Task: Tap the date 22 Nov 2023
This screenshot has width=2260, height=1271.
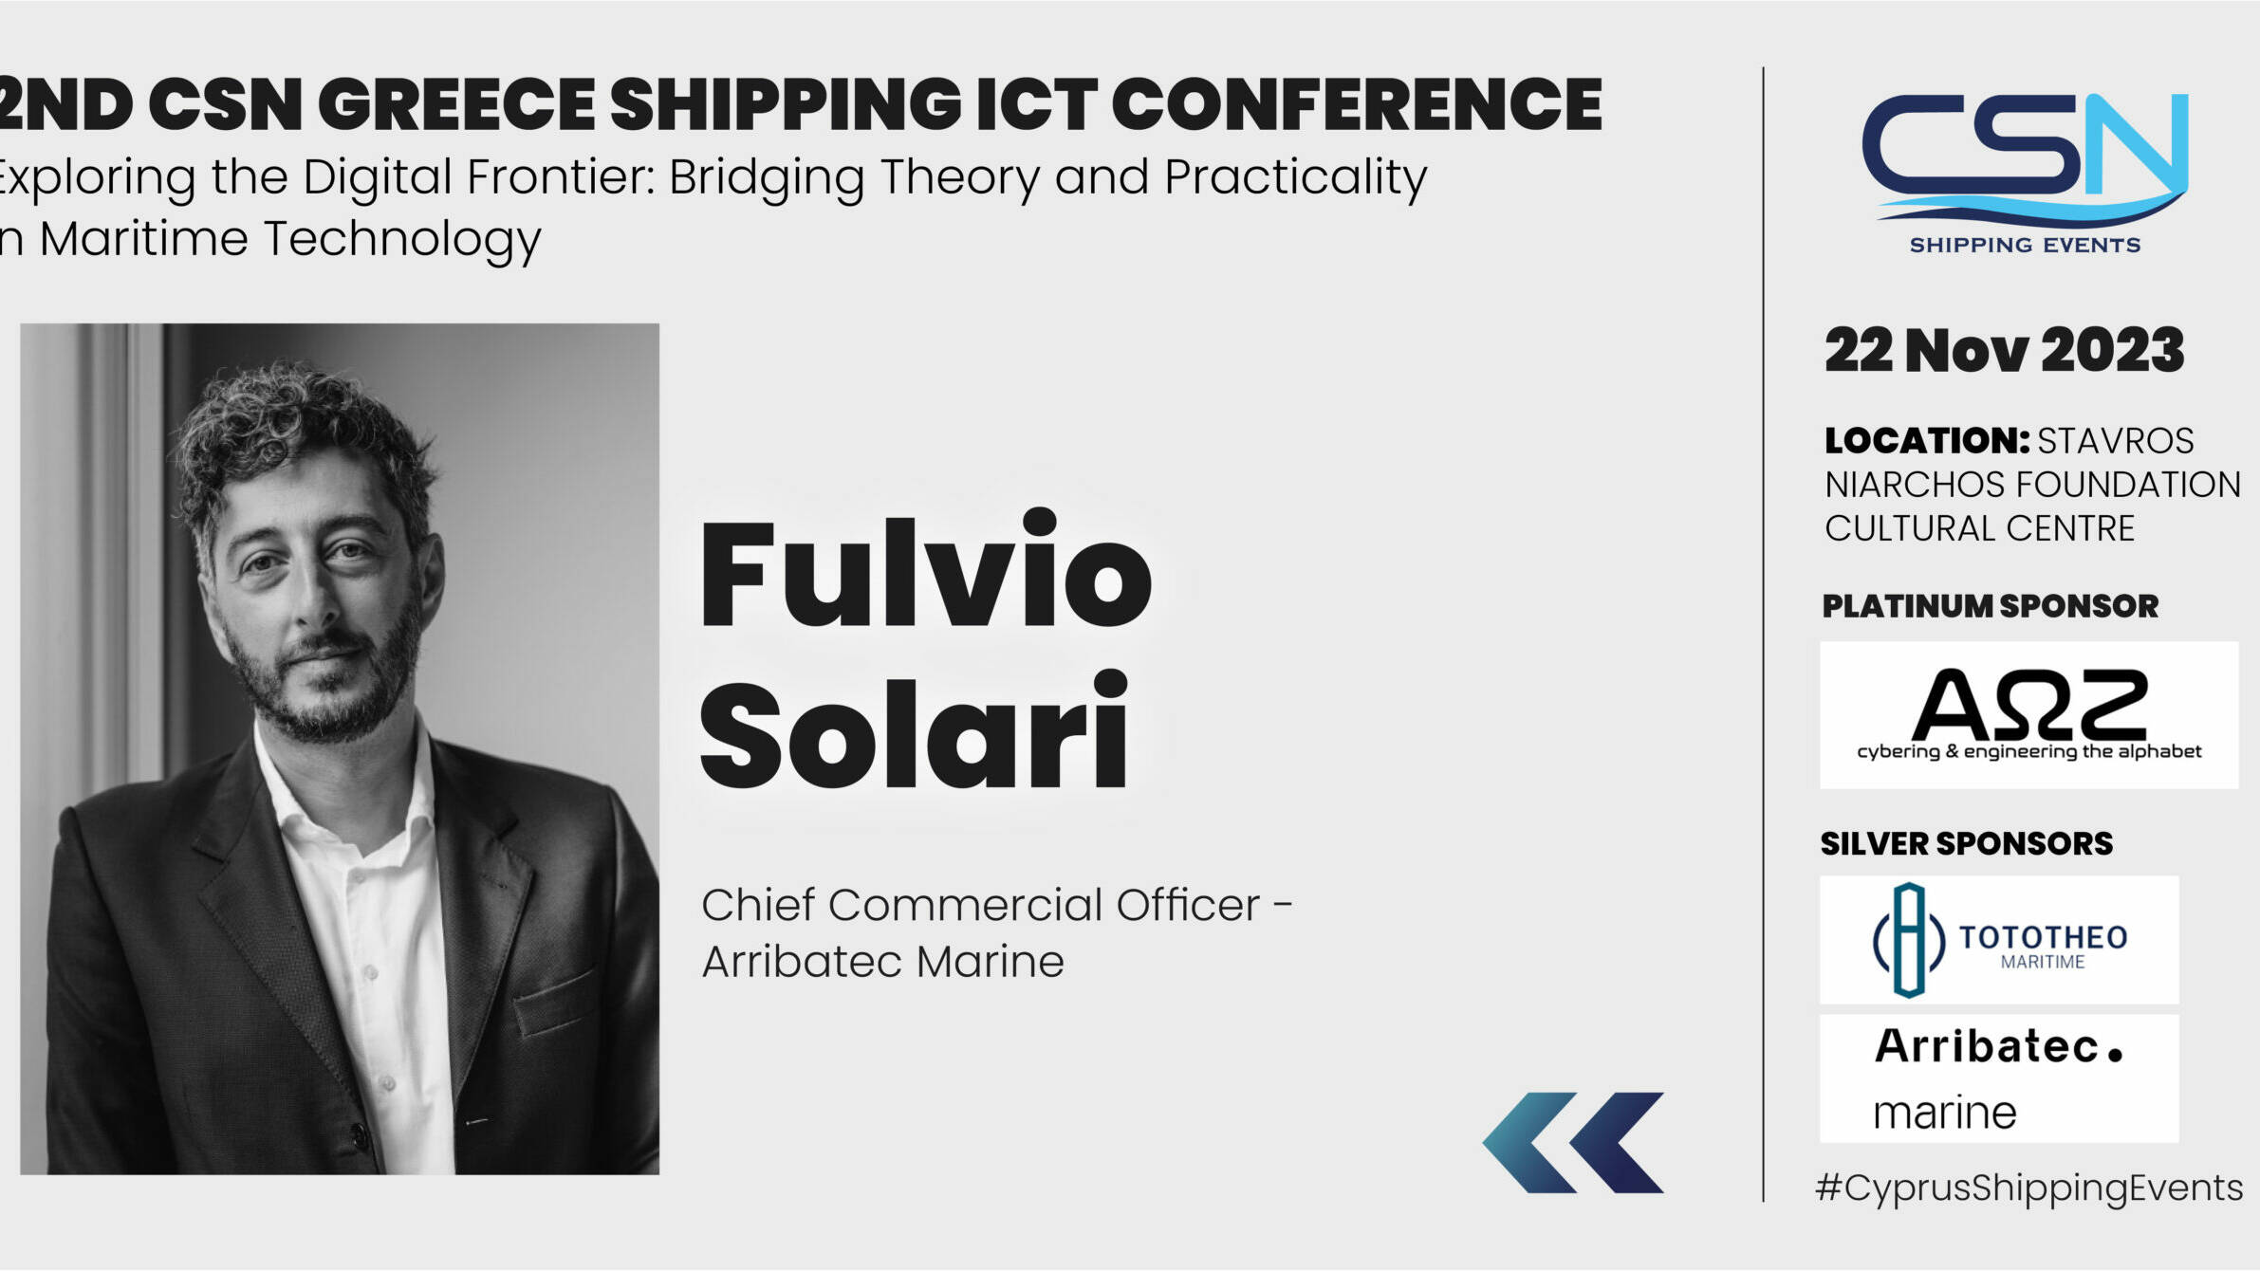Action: pyautogui.click(x=2004, y=350)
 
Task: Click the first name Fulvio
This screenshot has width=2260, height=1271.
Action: pyautogui.click(x=925, y=569)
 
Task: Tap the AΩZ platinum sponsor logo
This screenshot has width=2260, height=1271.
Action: pyautogui.click(x=2028, y=715)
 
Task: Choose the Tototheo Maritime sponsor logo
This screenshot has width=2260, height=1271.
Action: pyautogui.click(x=1999, y=939)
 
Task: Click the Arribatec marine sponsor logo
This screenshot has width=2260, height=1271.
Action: pyautogui.click(x=1999, y=1078)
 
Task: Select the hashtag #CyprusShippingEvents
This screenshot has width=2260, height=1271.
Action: pyautogui.click(x=2028, y=1188)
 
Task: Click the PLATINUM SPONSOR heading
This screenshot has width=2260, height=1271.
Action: pyautogui.click(x=1990, y=606)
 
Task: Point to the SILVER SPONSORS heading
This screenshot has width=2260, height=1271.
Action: pyautogui.click(x=1966, y=843)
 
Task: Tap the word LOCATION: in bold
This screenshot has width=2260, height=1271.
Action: pyautogui.click(x=1926, y=441)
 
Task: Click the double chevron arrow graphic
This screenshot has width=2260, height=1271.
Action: pyautogui.click(x=1573, y=1142)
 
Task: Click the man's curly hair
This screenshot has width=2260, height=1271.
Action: pyautogui.click(x=294, y=427)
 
